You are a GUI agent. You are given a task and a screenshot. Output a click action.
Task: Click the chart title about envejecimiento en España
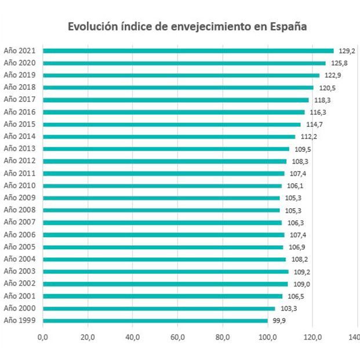coord(187,27)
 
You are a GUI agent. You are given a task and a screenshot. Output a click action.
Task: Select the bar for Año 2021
coord(188,51)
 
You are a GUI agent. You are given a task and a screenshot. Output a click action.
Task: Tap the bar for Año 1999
coord(155,321)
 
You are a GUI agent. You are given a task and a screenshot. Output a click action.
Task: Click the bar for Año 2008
coord(161,210)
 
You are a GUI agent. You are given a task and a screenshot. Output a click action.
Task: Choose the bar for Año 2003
coord(165,271)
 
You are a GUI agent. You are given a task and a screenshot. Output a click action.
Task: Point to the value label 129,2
coord(347,51)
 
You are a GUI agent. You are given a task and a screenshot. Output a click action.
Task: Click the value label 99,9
coord(281,321)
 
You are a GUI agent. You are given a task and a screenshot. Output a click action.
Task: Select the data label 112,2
coord(308,137)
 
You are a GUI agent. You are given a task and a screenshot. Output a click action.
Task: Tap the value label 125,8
coord(339,63)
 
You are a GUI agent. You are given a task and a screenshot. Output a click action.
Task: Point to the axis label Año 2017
coord(20,100)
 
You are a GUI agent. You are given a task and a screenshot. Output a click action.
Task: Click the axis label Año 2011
coord(20,173)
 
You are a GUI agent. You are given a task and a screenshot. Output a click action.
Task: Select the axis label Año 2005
coord(20,247)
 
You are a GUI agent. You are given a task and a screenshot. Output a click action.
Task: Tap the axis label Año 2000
coord(20,308)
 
